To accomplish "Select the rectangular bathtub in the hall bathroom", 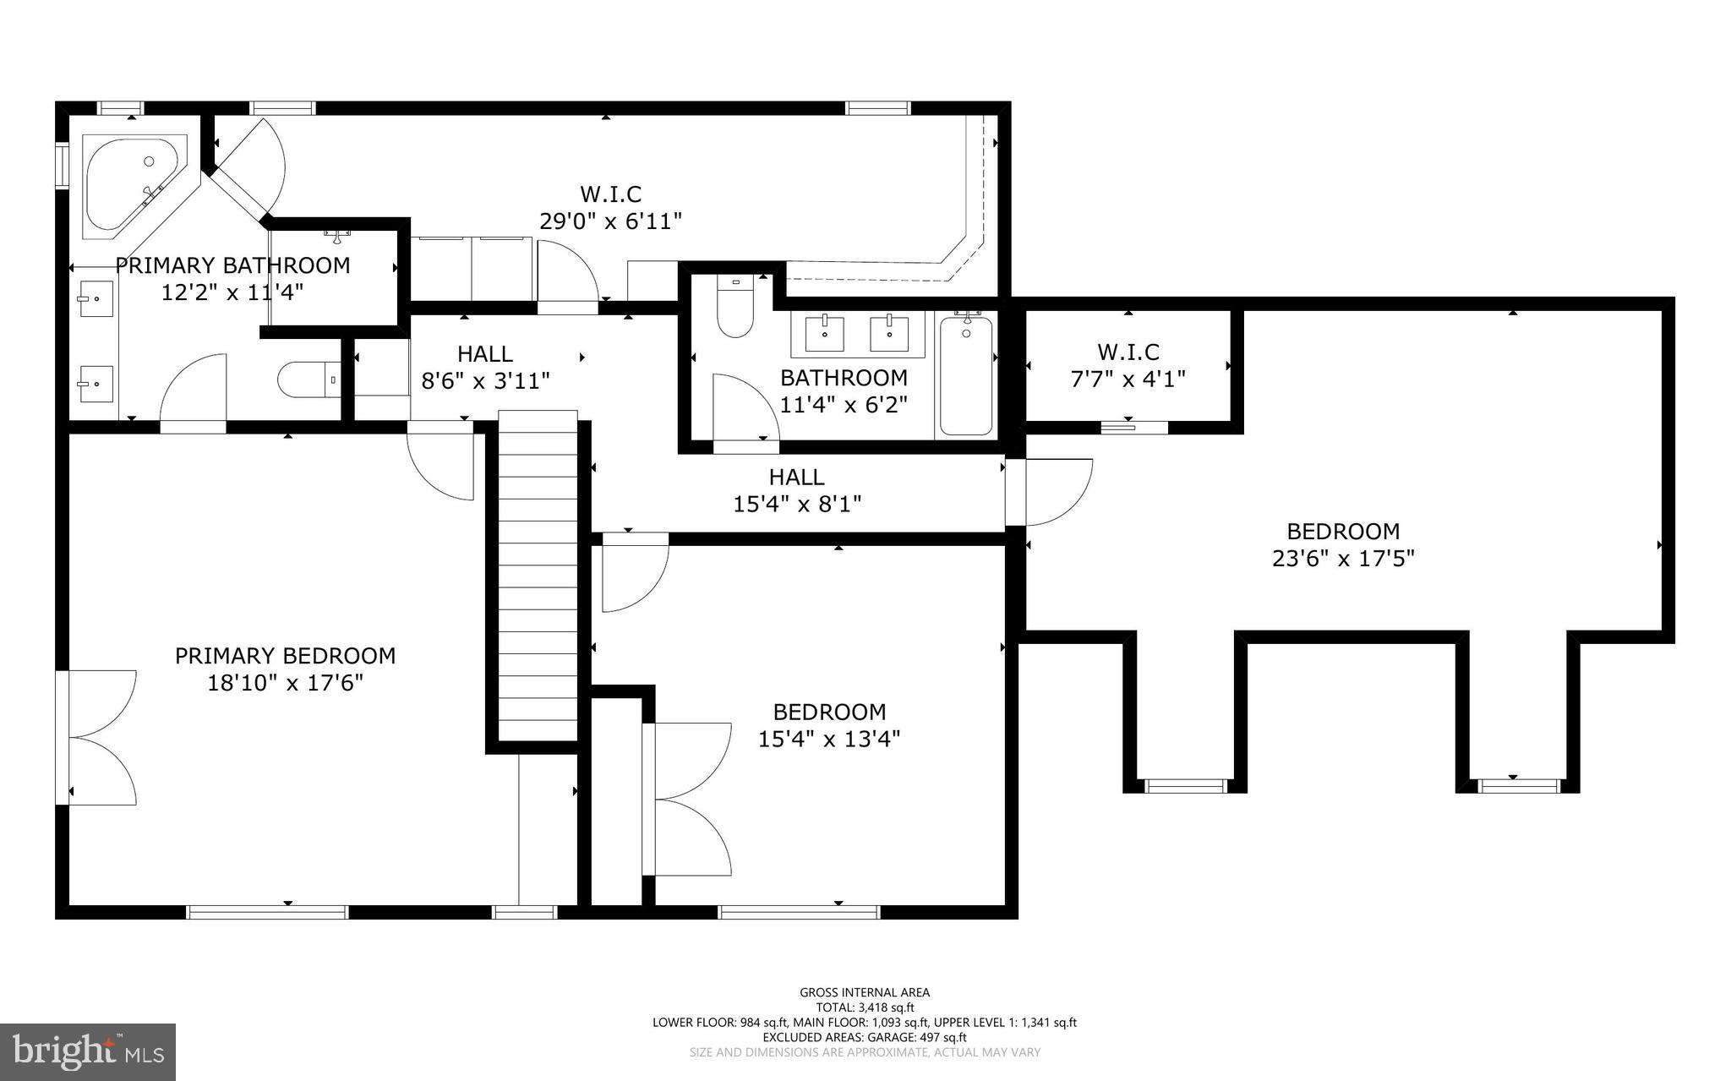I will (x=966, y=374).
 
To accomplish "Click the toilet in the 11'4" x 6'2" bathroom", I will (x=734, y=306).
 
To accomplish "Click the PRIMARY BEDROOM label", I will (x=285, y=656).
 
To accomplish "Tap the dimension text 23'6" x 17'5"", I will (x=1343, y=559).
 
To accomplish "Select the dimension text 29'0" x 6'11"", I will (x=610, y=221).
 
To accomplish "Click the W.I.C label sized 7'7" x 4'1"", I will (x=1128, y=352).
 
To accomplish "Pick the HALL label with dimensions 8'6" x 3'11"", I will (x=485, y=354).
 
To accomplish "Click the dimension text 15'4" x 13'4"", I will (x=828, y=740).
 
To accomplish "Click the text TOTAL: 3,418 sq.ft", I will (x=865, y=1007).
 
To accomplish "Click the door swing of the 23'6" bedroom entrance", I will (x=1057, y=492).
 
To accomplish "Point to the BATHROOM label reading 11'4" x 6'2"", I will (x=843, y=378).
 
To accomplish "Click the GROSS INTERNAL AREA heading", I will (x=865, y=992).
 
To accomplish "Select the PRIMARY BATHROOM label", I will (x=232, y=265).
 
